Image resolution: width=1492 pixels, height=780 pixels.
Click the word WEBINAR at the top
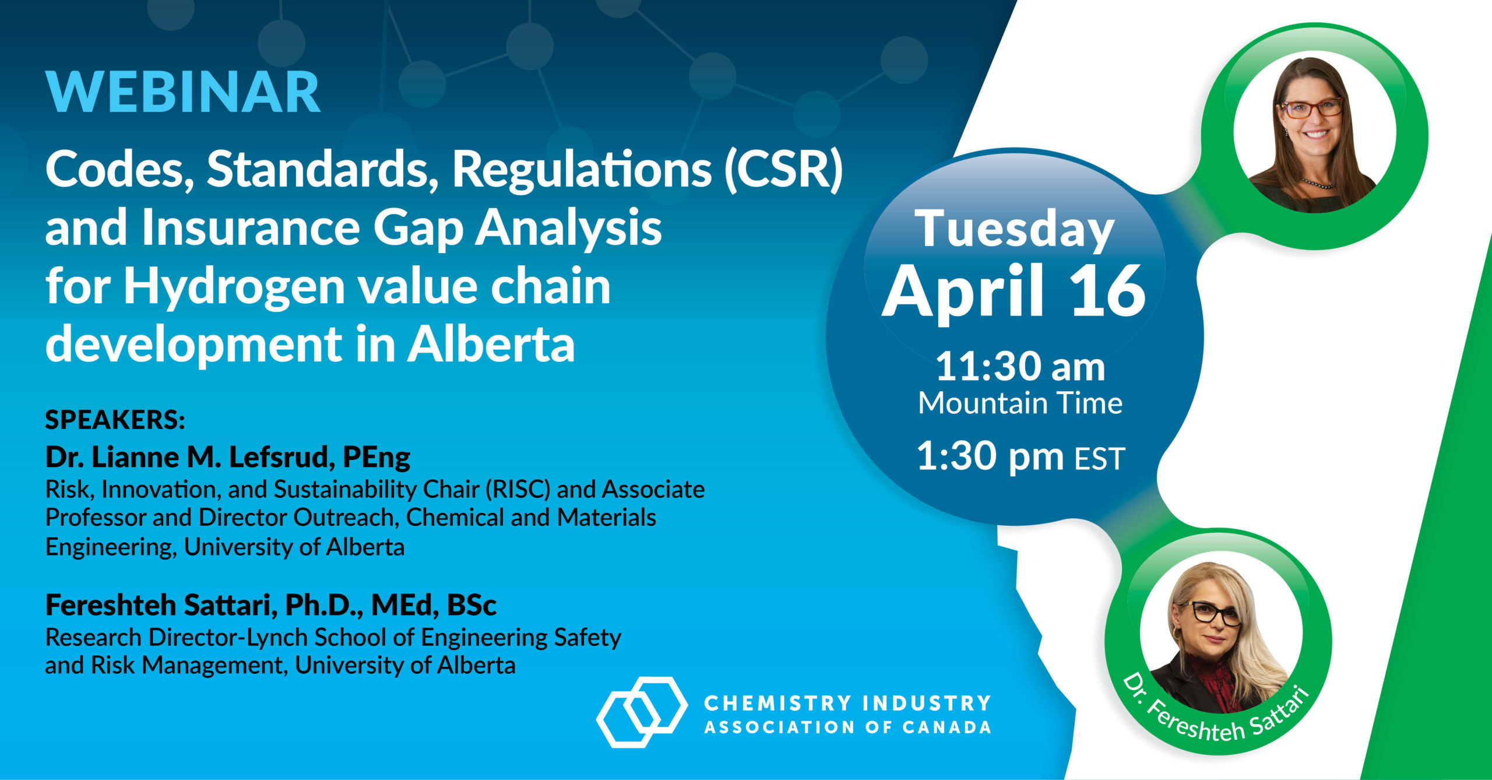tap(183, 92)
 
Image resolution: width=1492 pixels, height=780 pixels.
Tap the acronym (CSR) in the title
tap(783, 170)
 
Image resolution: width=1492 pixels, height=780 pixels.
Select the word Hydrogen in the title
tap(234, 287)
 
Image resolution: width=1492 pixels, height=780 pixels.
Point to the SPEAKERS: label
tap(115, 420)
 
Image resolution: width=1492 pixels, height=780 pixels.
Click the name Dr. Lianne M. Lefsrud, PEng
tap(228, 457)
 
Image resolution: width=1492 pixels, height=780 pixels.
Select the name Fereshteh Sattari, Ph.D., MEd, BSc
tap(271, 605)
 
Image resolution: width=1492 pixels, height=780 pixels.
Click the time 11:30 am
tap(1020, 367)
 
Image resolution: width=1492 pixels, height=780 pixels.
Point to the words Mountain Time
tap(1020, 403)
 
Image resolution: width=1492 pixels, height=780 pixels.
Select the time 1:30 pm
tap(991, 456)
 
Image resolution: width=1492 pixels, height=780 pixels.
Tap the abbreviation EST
tap(1100, 459)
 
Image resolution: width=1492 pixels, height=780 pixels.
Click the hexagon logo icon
tap(641, 712)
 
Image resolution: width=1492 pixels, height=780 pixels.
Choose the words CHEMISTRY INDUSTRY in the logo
tap(847, 703)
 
